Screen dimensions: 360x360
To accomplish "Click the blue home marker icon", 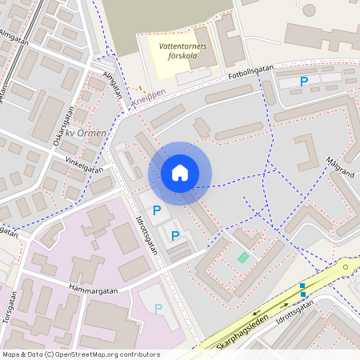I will coord(180,172).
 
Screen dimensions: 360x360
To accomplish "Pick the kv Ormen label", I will coord(84,133).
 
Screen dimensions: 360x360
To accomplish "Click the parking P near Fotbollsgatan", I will coord(304,81).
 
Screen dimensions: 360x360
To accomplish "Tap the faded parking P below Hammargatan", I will coord(158,308).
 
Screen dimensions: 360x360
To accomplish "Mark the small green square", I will coord(243,257).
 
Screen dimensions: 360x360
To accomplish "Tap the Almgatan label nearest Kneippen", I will coord(113,85).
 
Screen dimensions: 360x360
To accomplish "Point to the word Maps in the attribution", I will coord(11,354).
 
